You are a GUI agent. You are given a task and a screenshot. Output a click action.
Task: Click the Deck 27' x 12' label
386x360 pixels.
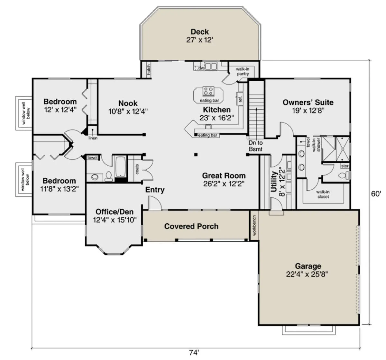tap(200, 36)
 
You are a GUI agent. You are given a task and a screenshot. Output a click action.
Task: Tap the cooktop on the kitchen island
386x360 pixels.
tap(208, 91)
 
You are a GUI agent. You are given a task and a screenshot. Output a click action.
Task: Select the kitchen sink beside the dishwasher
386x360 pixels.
tap(211, 66)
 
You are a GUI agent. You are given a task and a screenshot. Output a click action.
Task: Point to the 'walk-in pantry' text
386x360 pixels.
tap(243, 71)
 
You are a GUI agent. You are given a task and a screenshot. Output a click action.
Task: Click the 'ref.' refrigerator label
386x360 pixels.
tap(240, 99)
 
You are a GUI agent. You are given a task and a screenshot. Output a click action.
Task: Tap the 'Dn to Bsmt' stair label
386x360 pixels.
tap(256, 146)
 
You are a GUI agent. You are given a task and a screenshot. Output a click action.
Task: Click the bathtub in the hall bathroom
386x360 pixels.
tap(121, 167)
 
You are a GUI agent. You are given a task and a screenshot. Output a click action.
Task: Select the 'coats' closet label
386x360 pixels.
tap(137, 169)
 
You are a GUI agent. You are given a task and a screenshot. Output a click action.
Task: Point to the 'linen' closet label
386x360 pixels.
tap(93, 138)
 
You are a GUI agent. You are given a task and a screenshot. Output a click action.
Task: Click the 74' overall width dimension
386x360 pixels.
tap(194, 353)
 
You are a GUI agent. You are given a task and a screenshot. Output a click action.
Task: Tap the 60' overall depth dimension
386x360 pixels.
tap(376, 194)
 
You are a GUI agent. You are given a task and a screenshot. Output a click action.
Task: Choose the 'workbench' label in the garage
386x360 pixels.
tap(254, 225)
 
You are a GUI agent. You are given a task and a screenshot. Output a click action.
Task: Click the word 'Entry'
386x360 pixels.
tap(155, 190)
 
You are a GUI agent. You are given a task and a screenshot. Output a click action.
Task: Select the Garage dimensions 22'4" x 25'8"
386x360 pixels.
tap(307, 274)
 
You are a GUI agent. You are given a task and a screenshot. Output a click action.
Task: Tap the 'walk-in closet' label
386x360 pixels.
tap(323, 194)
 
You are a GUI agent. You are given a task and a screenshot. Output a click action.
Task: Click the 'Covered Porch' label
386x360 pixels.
tap(191, 226)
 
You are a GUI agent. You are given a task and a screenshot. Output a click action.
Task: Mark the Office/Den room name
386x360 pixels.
tap(115, 212)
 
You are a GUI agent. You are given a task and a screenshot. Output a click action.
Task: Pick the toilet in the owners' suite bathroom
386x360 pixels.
tap(344, 175)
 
